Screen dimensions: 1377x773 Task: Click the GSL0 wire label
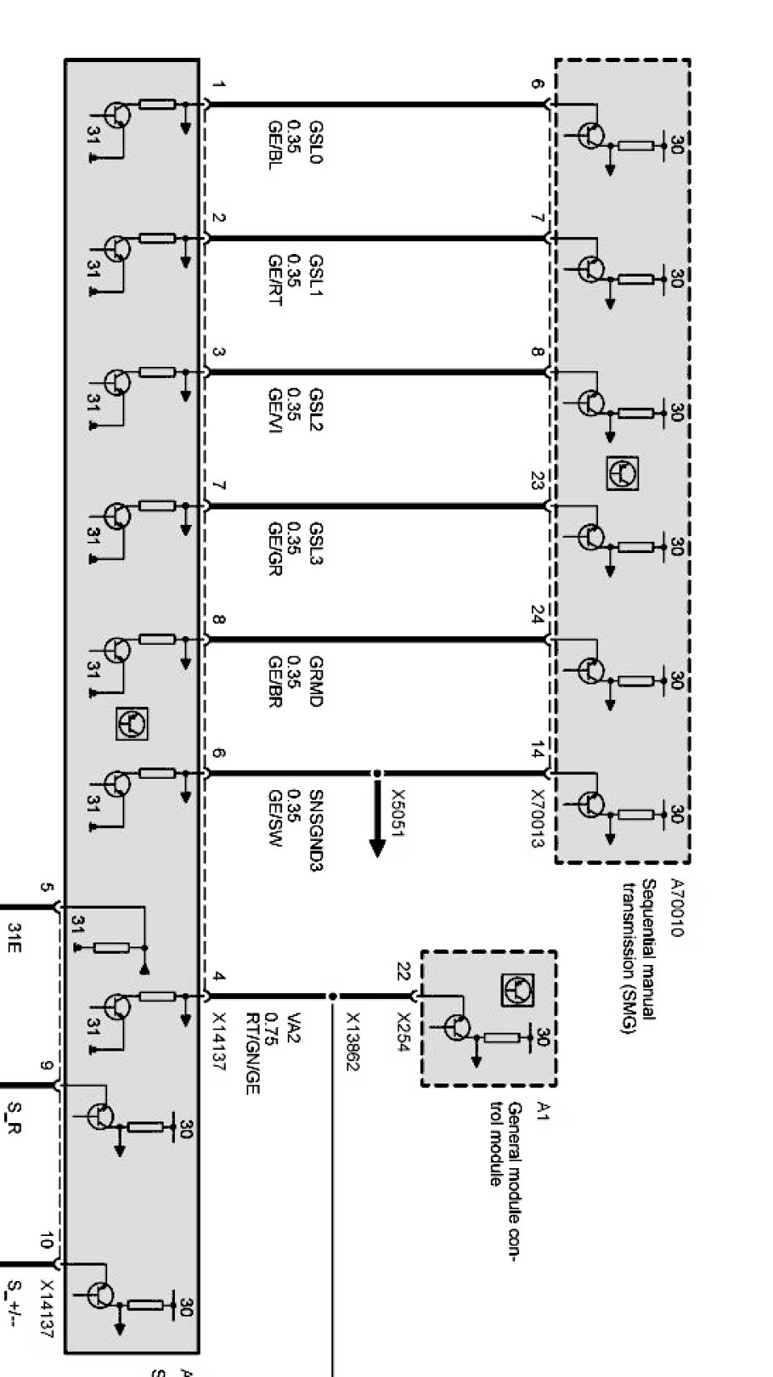pyautogui.click(x=316, y=145)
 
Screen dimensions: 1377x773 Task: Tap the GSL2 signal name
pyautogui.click(x=316, y=410)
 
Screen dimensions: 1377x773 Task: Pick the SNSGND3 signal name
pyautogui.click(x=316, y=829)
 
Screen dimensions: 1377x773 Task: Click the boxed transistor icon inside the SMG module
pyautogui.click(x=624, y=473)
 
